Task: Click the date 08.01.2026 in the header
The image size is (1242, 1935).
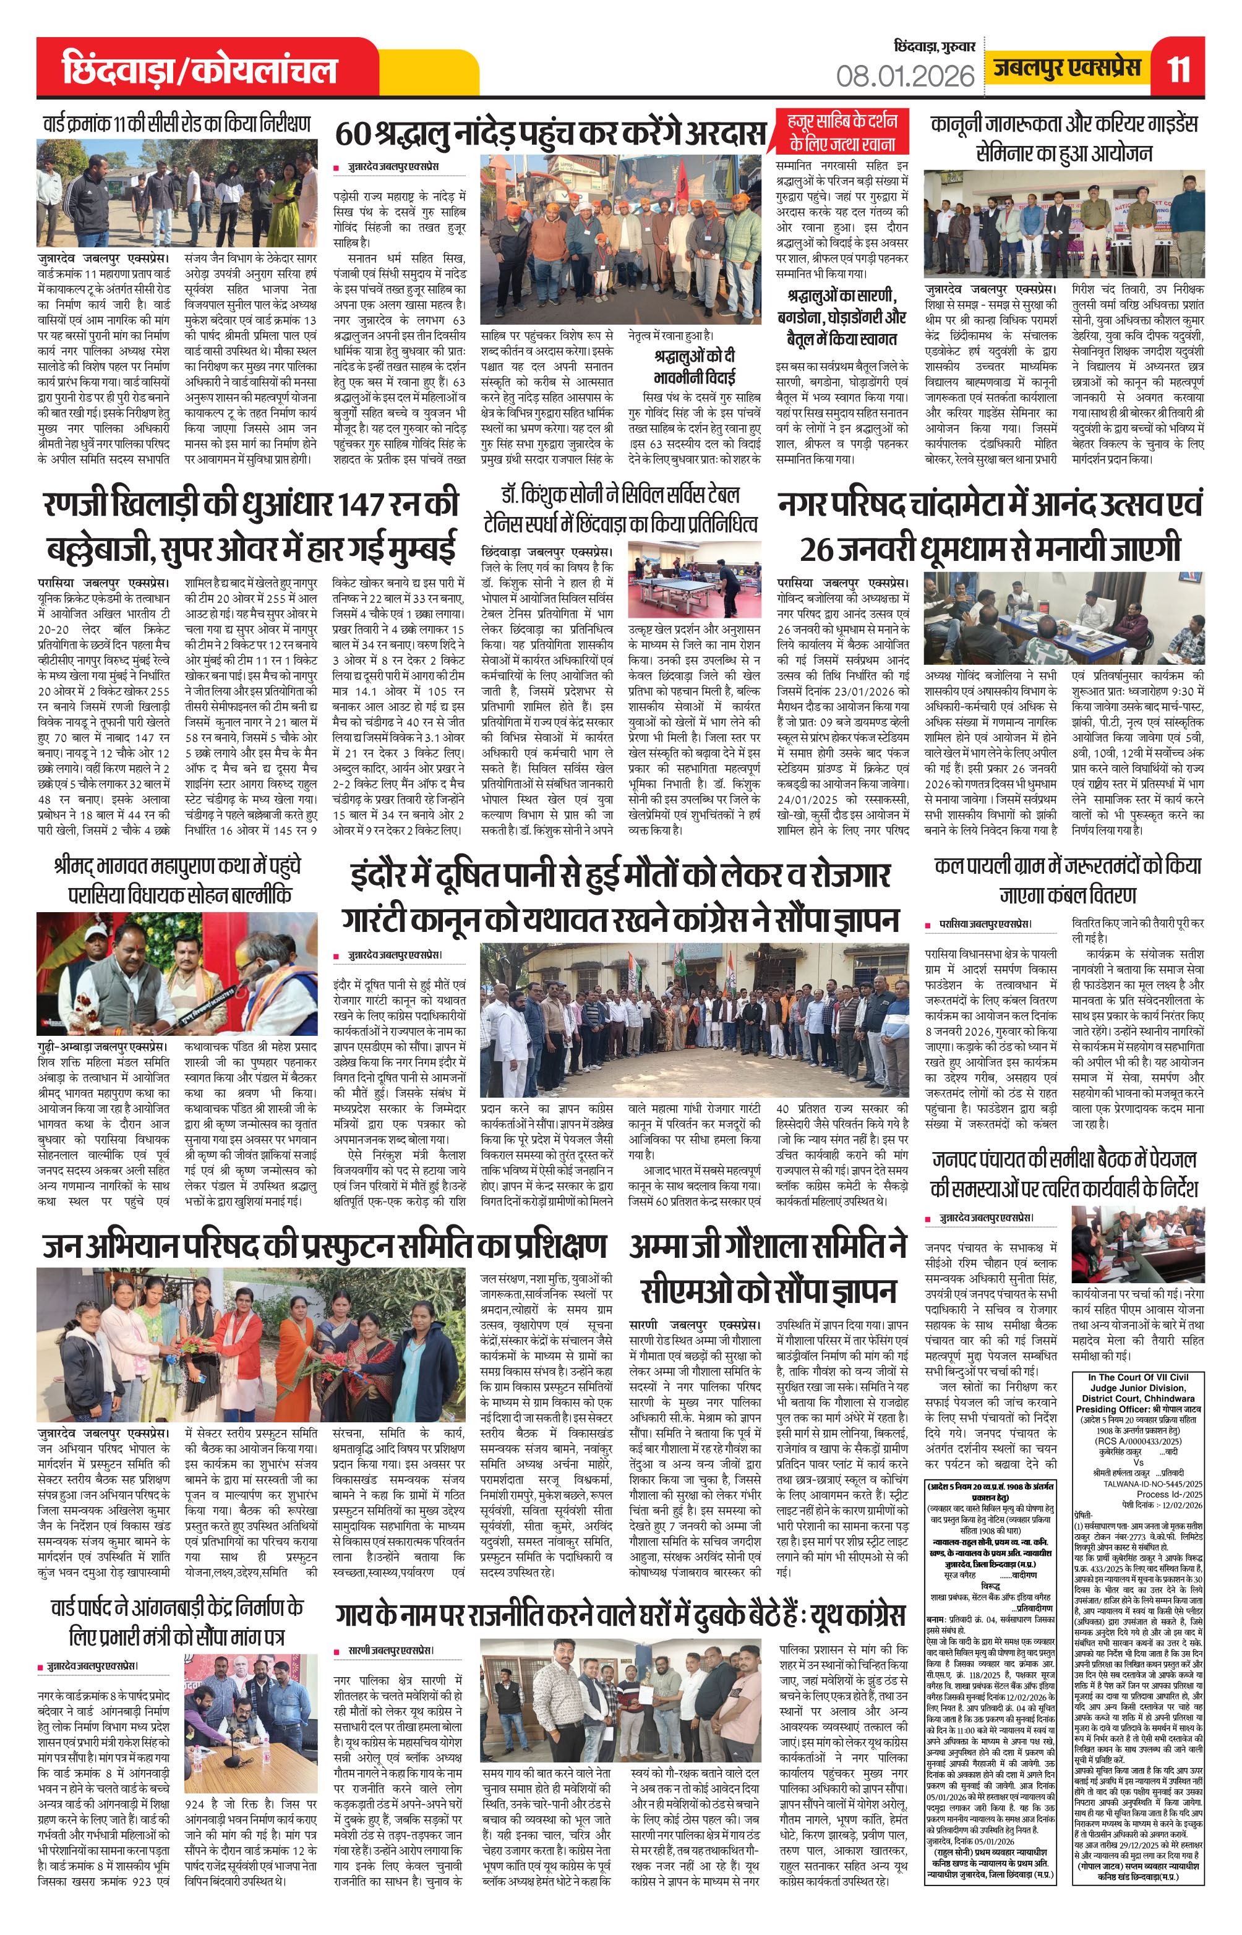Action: click(x=905, y=76)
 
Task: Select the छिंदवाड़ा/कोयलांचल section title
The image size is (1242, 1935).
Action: click(x=199, y=71)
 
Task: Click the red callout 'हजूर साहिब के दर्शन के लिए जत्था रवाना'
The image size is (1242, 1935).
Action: click(x=842, y=133)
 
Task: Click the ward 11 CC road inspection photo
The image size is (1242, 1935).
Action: click(x=172, y=194)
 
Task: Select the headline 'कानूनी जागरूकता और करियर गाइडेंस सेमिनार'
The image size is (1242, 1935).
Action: click(x=1064, y=138)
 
